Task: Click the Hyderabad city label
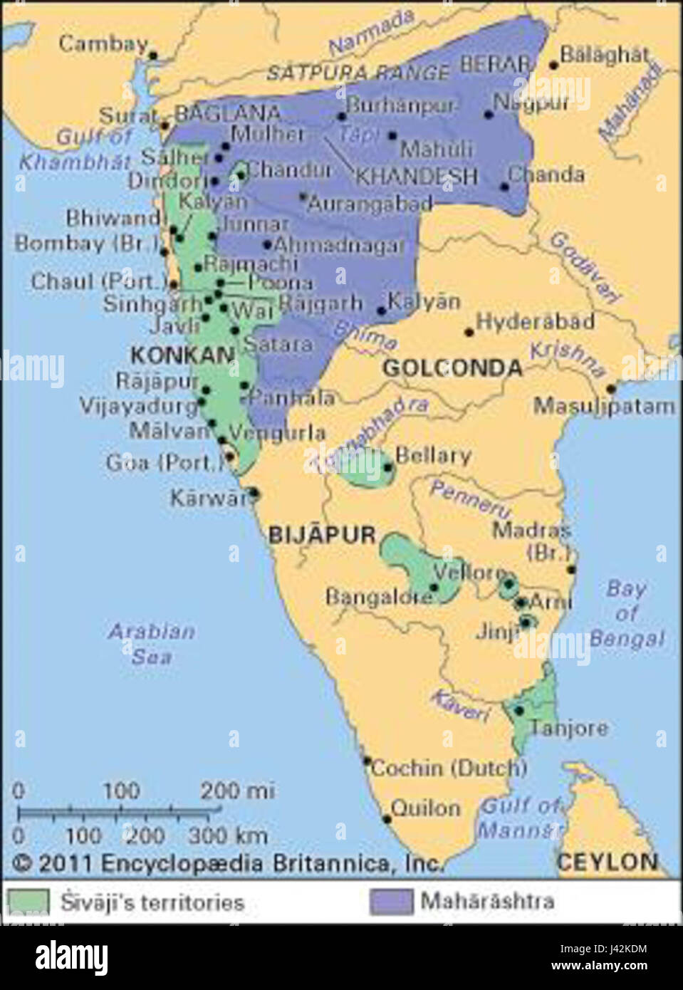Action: tap(535, 322)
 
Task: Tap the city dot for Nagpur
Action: tap(489, 114)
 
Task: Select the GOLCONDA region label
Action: tap(452, 368)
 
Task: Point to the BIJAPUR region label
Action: tap(321, 535)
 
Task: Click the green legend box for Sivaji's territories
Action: tap(28, 902)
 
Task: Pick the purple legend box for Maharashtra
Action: tap(391, 902)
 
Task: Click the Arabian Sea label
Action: tap(151, 643)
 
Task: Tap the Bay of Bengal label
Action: tap(626, 613)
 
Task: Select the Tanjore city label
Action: tap(568, 728)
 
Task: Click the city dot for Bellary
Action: tap(387, 468)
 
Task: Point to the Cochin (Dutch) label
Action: tap(449, 768)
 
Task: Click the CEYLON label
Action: tap(607, 862)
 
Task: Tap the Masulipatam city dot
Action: tap(610, 389)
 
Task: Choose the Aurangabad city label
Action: tap(370, 204)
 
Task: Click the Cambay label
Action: tap(103, 44)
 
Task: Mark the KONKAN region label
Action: tap(182, 355)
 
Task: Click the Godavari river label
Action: tap(584, 267)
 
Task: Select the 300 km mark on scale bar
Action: tap(228, 835)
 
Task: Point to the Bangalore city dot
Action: tap(434, 588)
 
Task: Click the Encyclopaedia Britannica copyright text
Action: tap(228, 863)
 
